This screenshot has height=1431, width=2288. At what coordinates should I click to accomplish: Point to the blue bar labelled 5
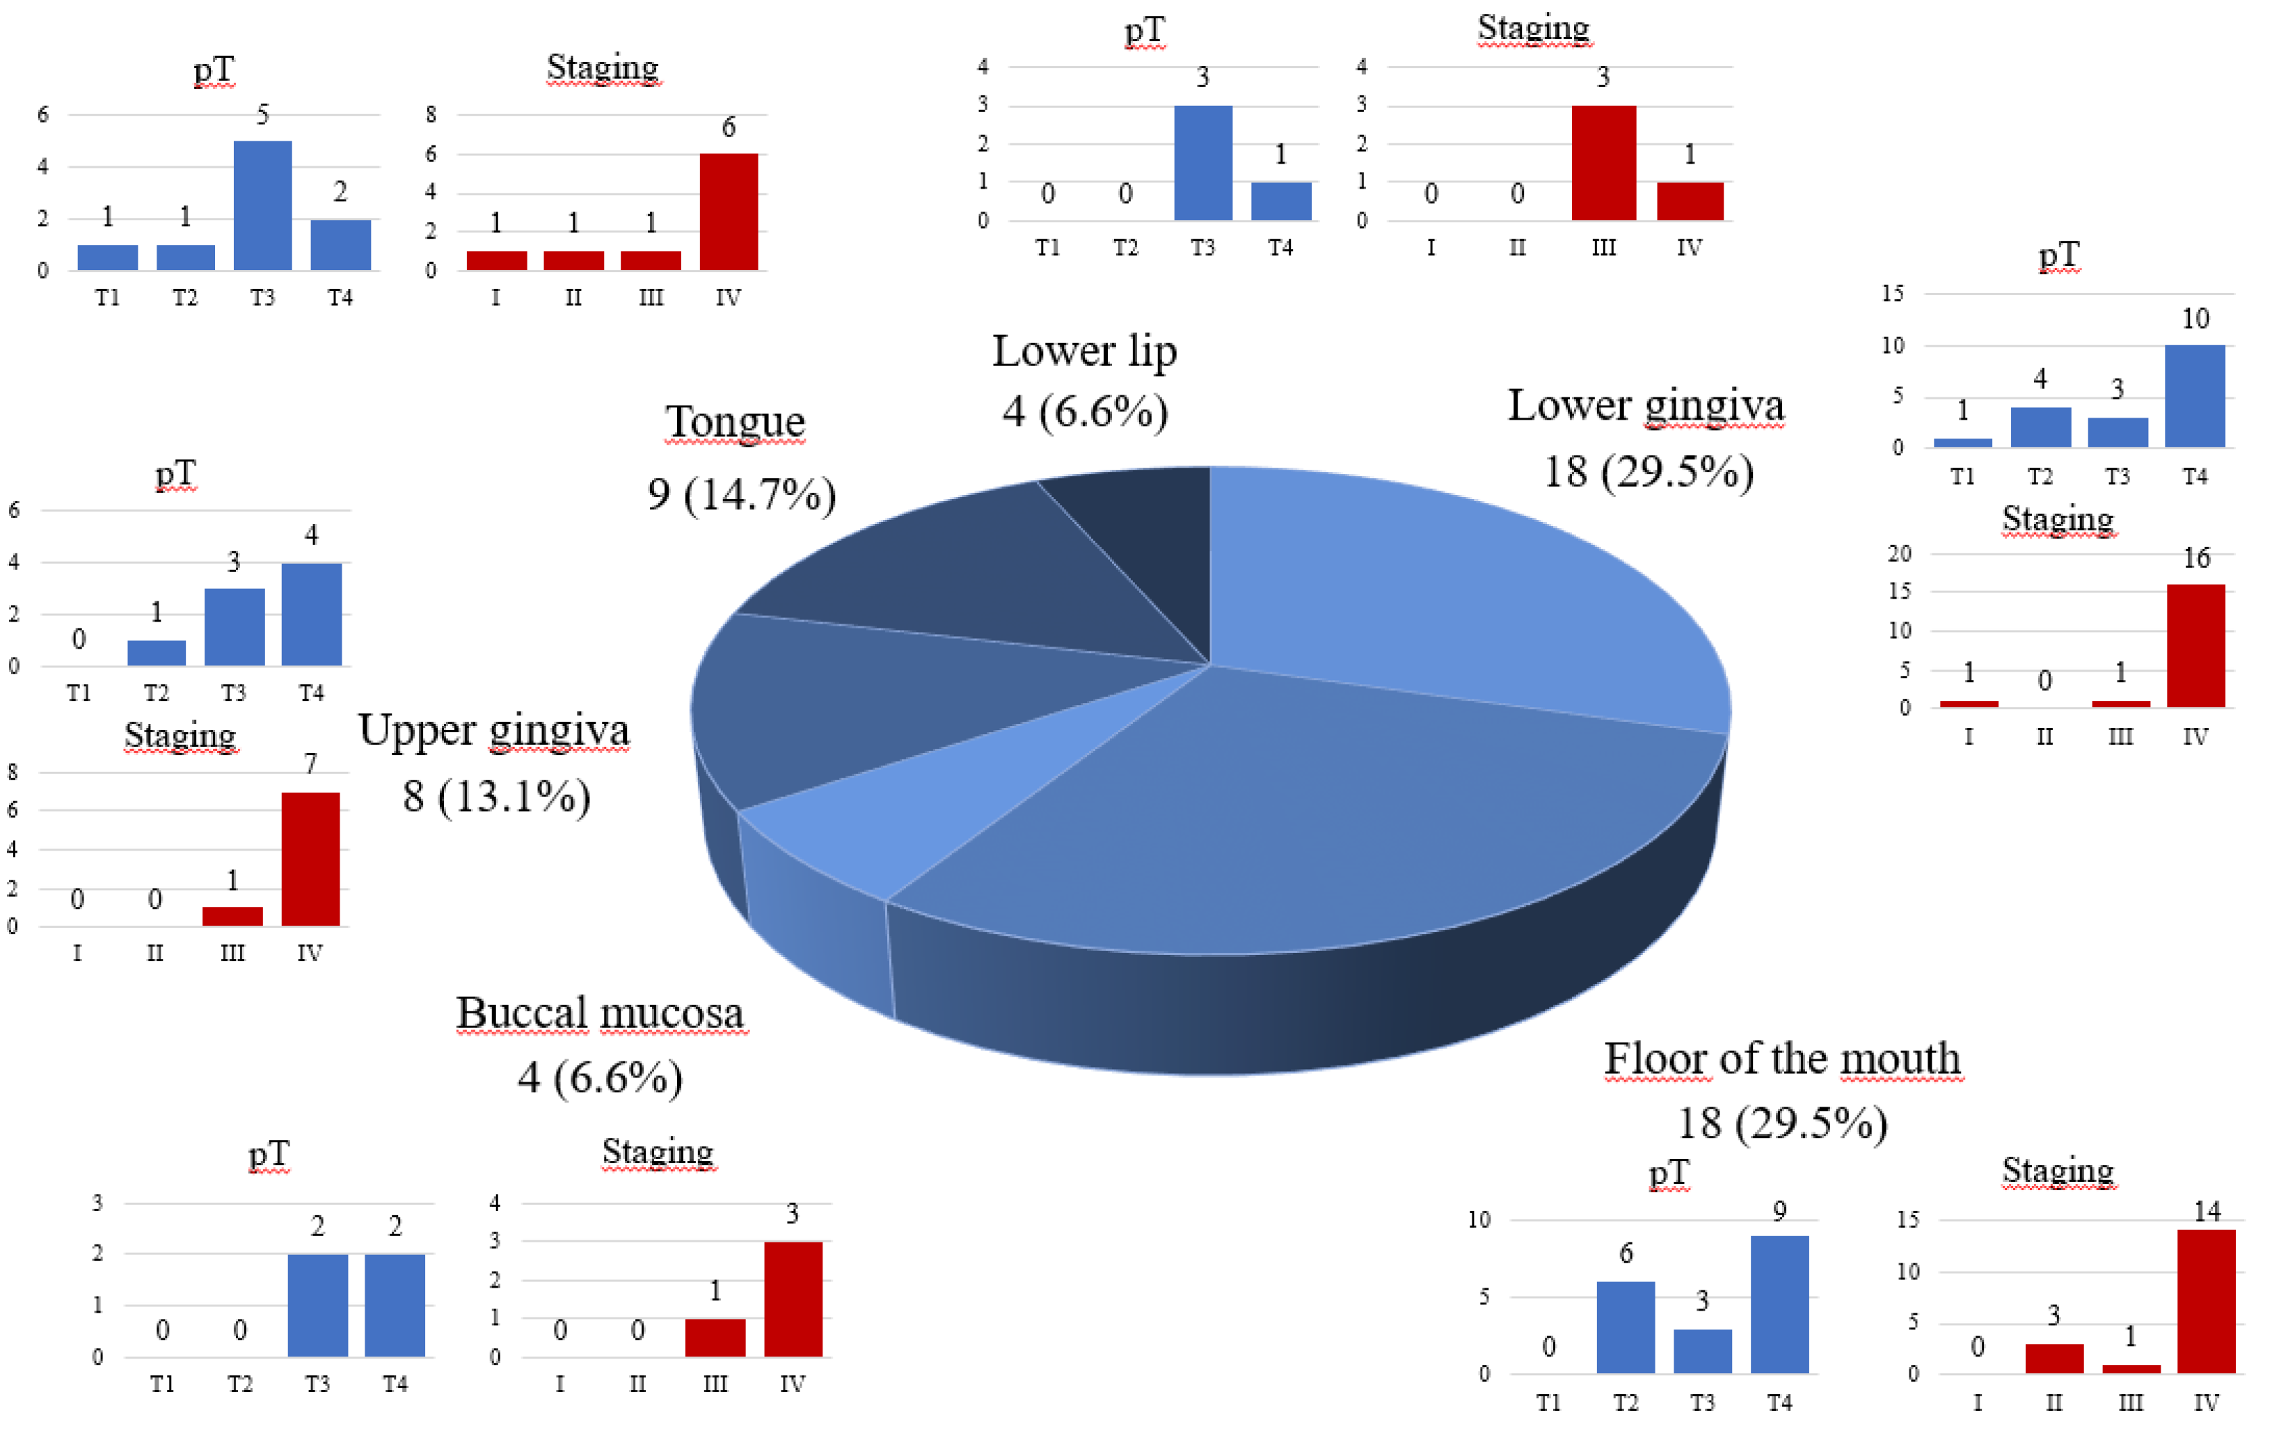point(262,205)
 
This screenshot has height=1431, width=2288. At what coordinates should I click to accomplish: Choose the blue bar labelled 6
point(1625,1326)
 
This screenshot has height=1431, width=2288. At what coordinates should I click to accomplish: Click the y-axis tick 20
point(1899,553)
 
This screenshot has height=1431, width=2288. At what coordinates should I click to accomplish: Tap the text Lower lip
point(1084,351)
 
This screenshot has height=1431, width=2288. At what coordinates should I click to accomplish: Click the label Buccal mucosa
point(600,1013)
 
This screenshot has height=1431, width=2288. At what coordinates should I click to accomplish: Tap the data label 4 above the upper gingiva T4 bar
point(310,535)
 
